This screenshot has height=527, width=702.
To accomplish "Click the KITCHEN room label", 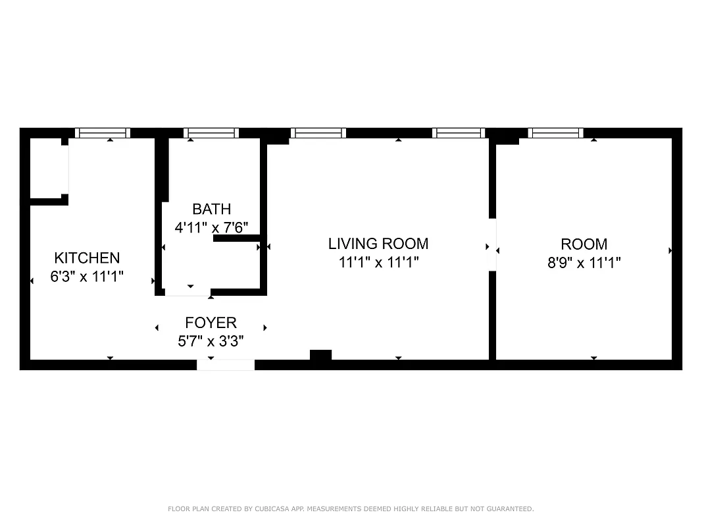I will (87, 258).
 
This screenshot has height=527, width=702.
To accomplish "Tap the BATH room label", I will (211, 209).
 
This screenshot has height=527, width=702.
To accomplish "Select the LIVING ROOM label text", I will (378, 244).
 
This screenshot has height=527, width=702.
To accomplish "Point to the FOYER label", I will (211, 323).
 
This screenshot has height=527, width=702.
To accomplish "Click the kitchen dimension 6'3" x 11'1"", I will (87, 277).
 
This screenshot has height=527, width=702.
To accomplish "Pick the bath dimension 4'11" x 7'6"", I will (211, 228).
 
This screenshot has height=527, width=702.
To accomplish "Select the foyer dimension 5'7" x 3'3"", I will (211, 341).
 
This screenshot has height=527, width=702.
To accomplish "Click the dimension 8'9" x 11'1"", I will (584, 263).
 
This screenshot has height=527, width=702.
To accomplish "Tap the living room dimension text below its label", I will (378, 263).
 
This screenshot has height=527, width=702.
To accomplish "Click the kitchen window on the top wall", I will (102, 133).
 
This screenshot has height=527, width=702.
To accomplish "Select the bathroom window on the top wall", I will (211, 133).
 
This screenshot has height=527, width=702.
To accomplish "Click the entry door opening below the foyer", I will (226, 365).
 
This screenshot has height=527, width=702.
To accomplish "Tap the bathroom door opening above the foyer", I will (188, 292).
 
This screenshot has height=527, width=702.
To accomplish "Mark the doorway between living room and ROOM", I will (492, 244).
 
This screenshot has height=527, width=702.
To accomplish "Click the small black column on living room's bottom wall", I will (320, 355).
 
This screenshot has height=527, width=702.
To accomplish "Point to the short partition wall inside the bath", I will (238, 239).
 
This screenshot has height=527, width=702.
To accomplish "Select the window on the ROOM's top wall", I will (556, 133).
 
